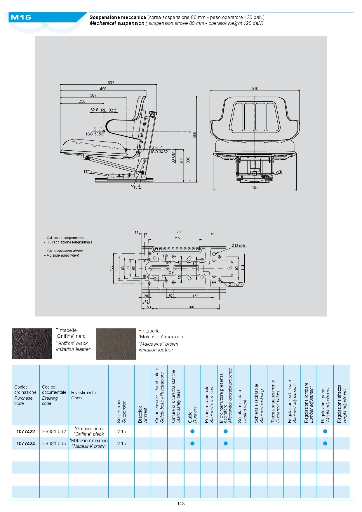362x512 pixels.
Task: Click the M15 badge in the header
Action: [x=21, y=18]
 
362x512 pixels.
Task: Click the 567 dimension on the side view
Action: [x=111, y=83]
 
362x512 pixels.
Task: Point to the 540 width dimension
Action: [x=255, y=88]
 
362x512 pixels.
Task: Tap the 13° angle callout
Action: [x=136, y=187]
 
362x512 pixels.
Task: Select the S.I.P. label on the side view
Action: [x=98, y=129]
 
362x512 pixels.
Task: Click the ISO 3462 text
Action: [x=159, y=152]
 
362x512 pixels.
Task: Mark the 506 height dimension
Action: [x=194, y=135]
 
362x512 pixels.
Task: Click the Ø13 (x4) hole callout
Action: [x=238, y=246]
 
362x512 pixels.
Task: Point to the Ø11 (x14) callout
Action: [x=236, y=284]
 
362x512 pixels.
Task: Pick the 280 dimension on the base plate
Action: [x=179, y=232]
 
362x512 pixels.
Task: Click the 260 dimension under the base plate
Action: [x=191, y=307]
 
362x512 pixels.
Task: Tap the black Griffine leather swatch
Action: [x=32, y=344]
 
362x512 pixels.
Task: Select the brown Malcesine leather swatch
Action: [x=116, y=344]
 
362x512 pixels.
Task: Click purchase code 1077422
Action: [x=26, y=431]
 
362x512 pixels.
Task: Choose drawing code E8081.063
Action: [x=54, y=443]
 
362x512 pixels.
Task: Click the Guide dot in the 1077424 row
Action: [x=192, y=443]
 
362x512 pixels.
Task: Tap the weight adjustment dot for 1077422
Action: [x=325, y=431]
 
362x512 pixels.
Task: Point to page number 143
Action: [x=181, y=504]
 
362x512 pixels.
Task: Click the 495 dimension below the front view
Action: [x=255, y=187]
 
